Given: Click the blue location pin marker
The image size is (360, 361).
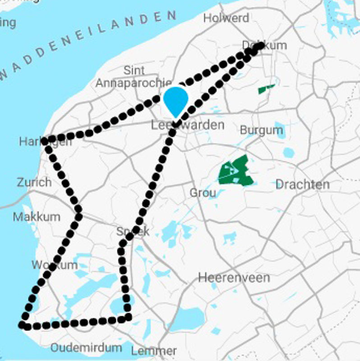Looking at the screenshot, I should (x=175, y=100).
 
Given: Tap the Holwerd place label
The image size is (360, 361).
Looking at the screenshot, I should (x=226, y=18).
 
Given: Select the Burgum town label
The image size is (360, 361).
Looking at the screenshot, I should (x=261, y=130).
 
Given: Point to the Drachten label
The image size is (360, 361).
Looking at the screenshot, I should (x=302, y=185).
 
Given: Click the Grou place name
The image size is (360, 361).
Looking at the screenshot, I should (x=202, y=193).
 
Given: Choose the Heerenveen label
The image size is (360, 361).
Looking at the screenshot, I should (x=234, y=278).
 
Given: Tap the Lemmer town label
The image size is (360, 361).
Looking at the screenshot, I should (x=154, y=351).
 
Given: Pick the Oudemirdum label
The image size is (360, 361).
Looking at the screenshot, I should (x=86, y=348).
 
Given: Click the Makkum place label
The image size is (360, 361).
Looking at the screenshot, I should (x=36, y=217).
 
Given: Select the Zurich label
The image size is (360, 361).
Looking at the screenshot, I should (x=34, y=182).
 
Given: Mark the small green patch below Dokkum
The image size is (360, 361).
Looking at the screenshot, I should (x=266, y=89).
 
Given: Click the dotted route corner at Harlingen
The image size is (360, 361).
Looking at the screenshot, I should (x=46, y=140).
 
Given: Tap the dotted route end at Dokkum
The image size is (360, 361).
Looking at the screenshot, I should (x=260, y=46).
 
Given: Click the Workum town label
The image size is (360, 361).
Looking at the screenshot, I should (x=55, y=265).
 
